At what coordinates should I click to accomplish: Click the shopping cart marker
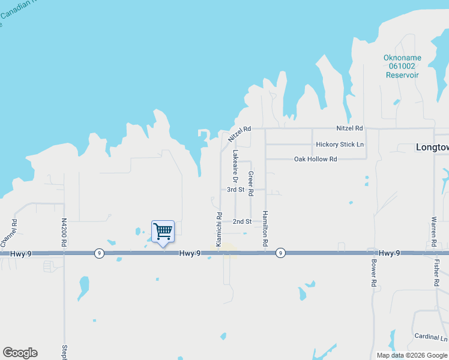click(x=163, y=231)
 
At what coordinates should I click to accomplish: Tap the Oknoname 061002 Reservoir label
click(x=402, y=67)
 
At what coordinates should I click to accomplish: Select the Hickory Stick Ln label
click(x=340, y=145)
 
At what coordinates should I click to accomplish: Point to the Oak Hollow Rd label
click(x=315, y=159)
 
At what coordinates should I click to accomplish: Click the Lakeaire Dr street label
click(x=235, y=167)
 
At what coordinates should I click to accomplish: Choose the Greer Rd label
click(x=251, y=183)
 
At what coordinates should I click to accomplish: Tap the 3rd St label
click(x=235, y=190)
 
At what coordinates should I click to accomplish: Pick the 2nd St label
click(x=242, y=221)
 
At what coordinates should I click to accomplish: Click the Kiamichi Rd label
click(x=219, y=229)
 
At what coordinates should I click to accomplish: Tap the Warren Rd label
click(x=433, y=232)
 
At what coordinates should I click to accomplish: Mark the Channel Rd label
click(x=10, y=233)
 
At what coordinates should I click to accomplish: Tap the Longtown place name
click(x=432, y=147)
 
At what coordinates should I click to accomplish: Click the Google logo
click(x=20, y=353)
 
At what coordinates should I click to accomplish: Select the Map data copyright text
click(x=412, y=355)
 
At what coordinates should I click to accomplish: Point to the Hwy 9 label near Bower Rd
click(x=390, y=253)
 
